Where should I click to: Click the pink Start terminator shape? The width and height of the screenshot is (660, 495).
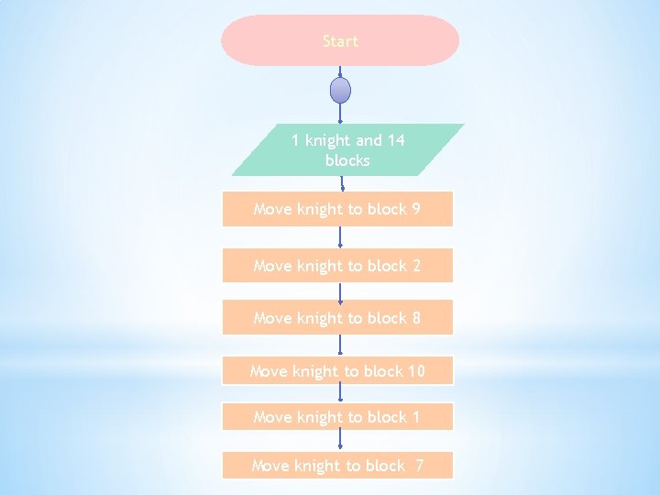[x=340, y=40]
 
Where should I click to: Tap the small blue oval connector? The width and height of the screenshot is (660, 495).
[x=340, y=91]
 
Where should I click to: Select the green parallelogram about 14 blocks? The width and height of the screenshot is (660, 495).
[x=347, y=149]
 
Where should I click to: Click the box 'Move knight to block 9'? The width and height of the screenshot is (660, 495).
[x=337, y=209]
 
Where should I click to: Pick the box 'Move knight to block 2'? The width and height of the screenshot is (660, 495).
[x=337, y=266]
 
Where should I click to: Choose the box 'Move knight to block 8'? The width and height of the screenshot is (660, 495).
[x=337, y=318]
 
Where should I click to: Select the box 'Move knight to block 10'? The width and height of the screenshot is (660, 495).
[x=337, y=371]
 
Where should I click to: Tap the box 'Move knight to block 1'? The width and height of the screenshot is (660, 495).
[x=337, y=417]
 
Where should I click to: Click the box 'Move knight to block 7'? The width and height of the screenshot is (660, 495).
[x=337, y=466]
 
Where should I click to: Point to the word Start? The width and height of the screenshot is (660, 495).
[x=340, y=41]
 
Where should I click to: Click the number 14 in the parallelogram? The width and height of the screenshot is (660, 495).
[x=396, y=140]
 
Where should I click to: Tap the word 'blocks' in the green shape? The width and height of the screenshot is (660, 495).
[x=347, y=160]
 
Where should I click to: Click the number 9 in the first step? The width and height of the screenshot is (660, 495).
[x=416, y=209]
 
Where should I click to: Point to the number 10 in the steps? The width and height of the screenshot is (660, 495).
[x=416, y=371]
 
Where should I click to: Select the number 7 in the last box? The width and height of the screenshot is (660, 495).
[x=419, y=466]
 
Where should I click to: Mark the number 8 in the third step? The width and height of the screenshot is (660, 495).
[x=416, y=318]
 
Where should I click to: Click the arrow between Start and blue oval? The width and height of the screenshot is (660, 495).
[x=340, y=71]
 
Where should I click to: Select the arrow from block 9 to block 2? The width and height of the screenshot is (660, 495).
[x=340, y=237]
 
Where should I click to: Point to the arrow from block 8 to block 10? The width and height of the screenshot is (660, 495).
[x=340, y=345]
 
